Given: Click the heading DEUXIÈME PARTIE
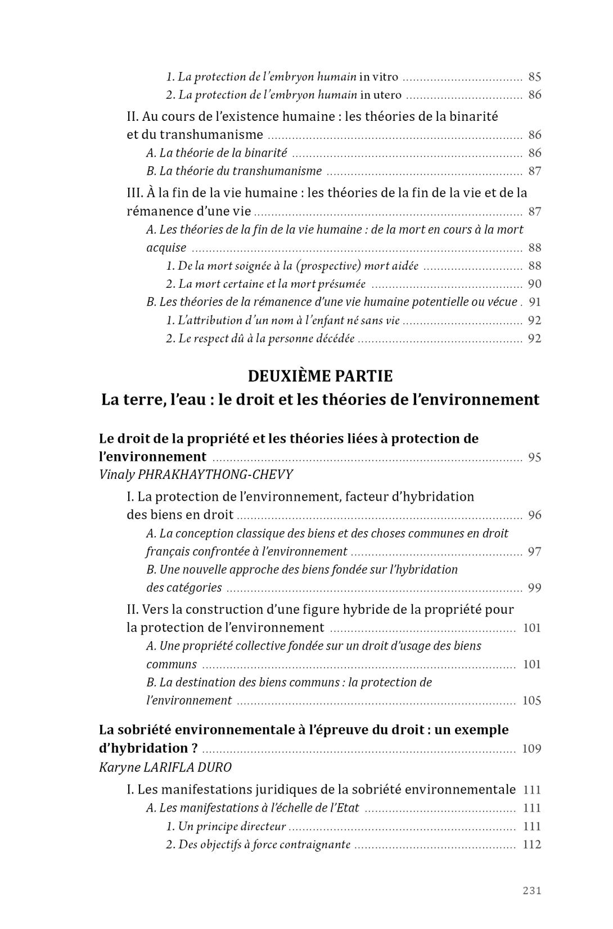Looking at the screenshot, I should [320, 375].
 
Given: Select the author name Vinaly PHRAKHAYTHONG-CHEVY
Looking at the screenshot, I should [196, 475].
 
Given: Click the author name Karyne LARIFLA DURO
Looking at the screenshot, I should [165, 767].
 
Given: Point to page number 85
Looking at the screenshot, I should [534, 77].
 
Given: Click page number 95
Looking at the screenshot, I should [534, 457].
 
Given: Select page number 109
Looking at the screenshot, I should [531, 749].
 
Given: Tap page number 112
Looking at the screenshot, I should [531, 844].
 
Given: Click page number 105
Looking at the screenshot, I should [531, 700].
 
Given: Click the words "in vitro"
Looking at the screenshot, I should [378, 77].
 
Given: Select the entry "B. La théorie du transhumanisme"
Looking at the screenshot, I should [234, 171].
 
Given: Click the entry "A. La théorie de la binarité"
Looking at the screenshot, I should [217, 153].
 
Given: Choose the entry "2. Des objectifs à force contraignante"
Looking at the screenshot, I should [258, 844].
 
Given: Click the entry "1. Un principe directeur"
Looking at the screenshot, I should [226, 826].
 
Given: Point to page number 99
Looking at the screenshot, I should [534, 588].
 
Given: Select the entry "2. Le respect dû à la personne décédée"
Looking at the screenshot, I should [260, 338].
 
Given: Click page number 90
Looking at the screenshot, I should [534, 284].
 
